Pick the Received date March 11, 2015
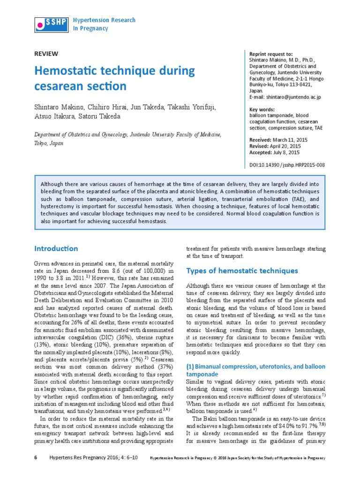pos(291,140)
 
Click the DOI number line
pos(285,165)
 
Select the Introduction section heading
pos(56,248)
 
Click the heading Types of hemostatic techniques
pos(242,271)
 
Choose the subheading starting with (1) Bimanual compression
pos(256,366)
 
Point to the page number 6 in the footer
pos(36,457)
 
